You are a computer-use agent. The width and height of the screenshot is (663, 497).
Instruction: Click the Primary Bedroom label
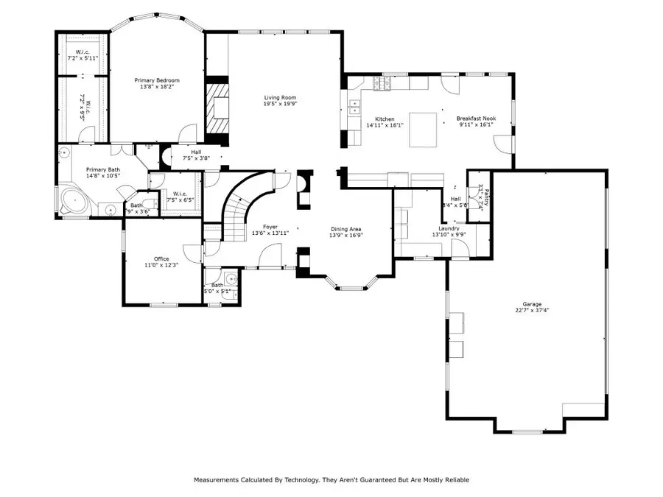[x=156, y=80]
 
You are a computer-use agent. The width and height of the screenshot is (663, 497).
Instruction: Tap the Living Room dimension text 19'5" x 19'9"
[x=280, y=105]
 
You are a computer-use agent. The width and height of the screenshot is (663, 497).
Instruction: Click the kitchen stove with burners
[x=382, y=85]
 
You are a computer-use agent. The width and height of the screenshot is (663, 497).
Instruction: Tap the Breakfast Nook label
[x=475, y=119]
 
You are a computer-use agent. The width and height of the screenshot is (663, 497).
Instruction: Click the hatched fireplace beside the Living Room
[x=217, y=110]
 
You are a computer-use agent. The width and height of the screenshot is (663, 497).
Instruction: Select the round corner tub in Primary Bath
[x=73, y=200]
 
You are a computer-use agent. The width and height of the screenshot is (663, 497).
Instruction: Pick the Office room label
[x=161, y=258]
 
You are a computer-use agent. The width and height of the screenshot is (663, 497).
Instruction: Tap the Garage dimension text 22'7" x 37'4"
[x=533, y=310]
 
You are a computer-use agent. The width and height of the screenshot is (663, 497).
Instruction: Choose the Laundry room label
[x=449, y=228]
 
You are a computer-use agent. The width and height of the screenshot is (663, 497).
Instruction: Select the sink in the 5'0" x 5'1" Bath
[x=231, y=280]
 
